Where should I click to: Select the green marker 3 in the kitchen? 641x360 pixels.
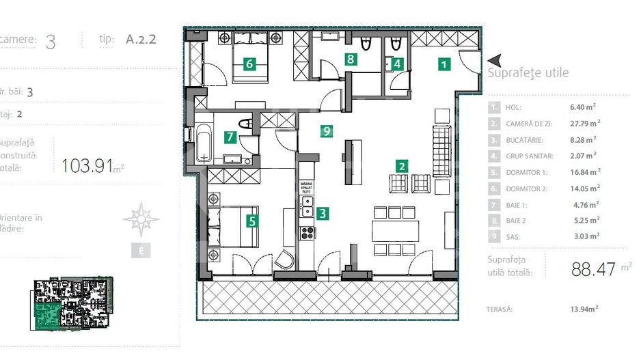[322, 212]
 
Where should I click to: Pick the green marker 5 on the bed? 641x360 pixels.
[252, 221]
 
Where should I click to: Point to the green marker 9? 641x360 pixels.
[327, 130]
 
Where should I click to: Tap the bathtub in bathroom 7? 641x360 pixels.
[204, 141]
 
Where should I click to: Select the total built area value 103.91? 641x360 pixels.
[87, 165]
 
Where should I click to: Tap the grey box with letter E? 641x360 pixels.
[141, 251]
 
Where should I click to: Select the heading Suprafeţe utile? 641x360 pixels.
[528, 73]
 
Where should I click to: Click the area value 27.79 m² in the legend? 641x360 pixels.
[584, 123]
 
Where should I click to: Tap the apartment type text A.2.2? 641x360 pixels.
[141, 39]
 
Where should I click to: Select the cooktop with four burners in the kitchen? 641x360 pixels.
[308, 232]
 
